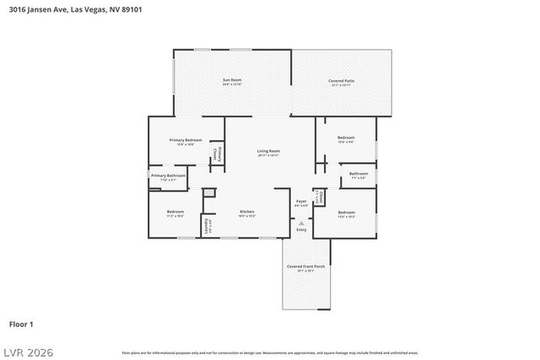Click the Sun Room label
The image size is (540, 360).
(232, 81)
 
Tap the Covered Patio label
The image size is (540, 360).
(342, 81)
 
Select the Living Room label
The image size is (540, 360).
(268, 152)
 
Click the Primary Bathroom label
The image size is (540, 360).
(169, 176)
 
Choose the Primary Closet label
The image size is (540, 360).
(218, 153)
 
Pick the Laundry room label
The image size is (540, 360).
(206, 226)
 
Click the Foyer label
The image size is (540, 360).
(301, 201)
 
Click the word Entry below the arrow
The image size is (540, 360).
(301, 230)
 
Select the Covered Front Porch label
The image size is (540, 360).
(305, 267)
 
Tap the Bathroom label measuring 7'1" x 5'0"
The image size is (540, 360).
(358, 175)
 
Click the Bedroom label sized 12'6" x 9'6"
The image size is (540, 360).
(346, 138)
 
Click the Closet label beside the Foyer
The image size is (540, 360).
(319, 197)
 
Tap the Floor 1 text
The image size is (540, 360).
(21, 324)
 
